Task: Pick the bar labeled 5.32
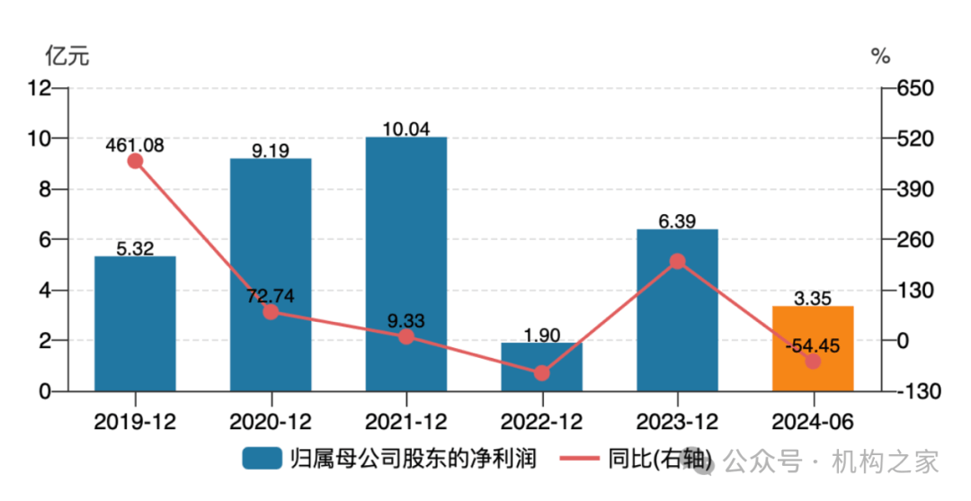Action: [x=135, y=324]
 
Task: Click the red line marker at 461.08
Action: [x=135, y=161]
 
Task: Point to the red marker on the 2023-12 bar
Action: [x=677, y=262]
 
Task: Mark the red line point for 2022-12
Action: [x=541, y=372]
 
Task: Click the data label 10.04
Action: [x=406, y=128]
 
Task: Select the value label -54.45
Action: [x=813, y=344]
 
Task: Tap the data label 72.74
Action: [x=271, y=295]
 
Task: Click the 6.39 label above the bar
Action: [x=677, y=219]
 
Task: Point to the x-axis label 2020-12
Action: [x=271, y=421]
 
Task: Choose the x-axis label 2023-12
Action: [x=677, y=421]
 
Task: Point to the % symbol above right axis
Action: [x=880, y=56]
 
